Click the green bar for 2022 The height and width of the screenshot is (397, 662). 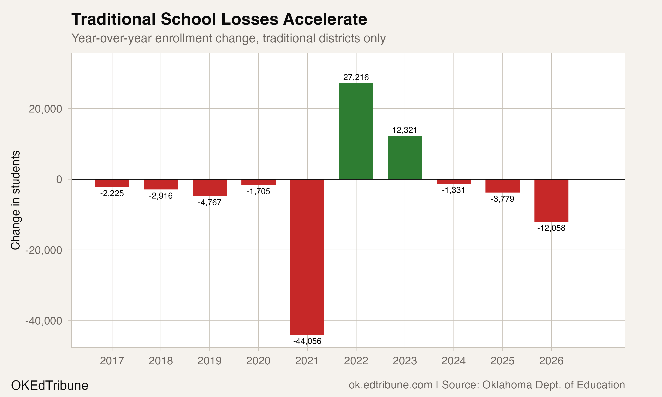(x=356, y=131)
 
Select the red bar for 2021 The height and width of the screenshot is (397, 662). (x=307, y=257)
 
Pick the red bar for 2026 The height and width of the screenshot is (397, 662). (x=551, y=201)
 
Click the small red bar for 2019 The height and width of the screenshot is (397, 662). (x=209, y=187)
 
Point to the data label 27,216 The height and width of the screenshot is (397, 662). (x=356, y=77)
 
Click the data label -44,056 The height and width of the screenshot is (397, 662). (x=307, y=341)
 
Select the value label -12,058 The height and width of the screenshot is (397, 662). (x=551, y=228)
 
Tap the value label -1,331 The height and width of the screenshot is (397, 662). (x=453, y=190)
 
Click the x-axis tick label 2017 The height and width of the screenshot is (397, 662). (x=112, y=361)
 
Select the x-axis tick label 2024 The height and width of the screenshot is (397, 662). (x=453, y=361)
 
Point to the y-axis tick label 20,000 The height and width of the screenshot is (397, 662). (x=45, y=109)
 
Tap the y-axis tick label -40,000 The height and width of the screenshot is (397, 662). (x=44, y=321)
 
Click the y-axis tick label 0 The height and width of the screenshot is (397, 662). (x=59, y=179)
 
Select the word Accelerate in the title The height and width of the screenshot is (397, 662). (x=325, y=19)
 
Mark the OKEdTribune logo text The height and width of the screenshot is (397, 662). (x=49, y=386)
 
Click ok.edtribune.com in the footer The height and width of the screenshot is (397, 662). (x=390, y=385)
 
